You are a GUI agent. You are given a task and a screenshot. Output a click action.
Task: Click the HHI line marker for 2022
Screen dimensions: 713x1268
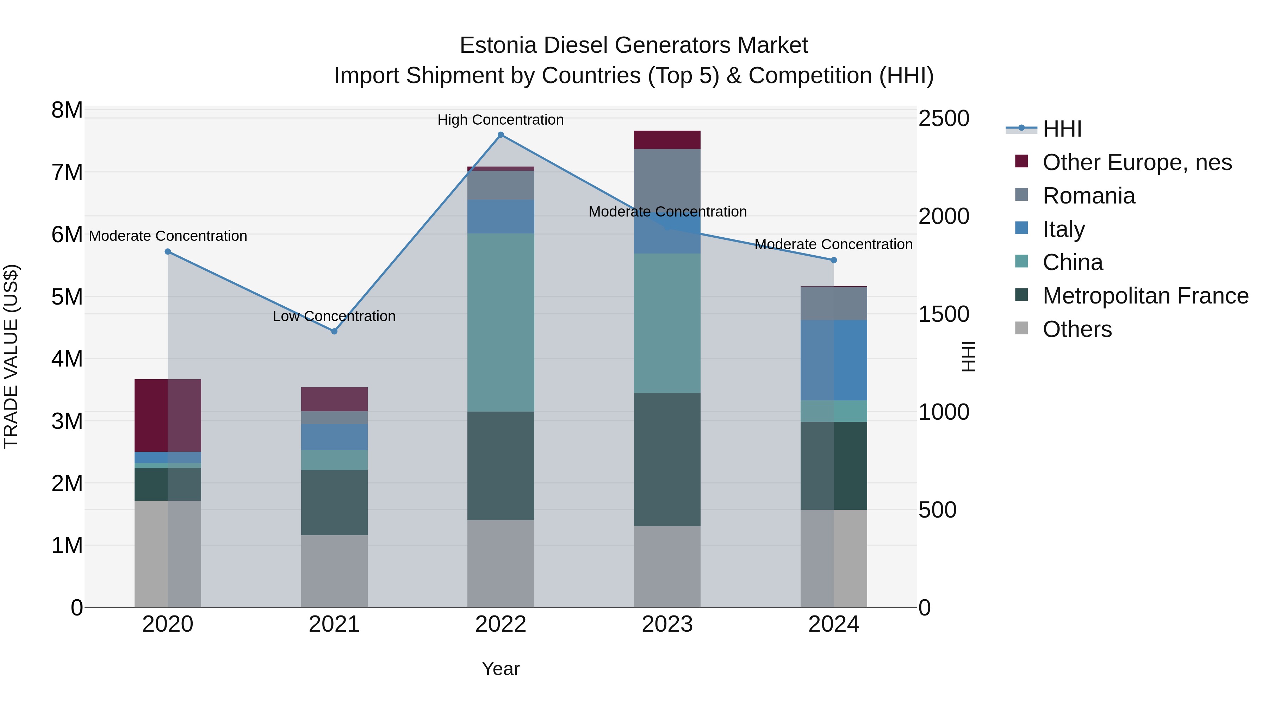(501, 135)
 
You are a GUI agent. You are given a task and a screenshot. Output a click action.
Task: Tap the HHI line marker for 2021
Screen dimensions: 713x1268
(334, 331)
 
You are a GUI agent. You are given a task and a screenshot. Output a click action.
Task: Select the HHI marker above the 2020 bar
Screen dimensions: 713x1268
(168, 251)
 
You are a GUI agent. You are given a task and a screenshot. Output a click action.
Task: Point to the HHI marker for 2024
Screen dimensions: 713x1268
(834, 260)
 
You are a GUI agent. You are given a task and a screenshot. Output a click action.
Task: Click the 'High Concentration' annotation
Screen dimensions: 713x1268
(501, 120)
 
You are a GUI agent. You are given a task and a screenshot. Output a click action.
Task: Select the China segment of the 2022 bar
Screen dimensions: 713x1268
(501, 322)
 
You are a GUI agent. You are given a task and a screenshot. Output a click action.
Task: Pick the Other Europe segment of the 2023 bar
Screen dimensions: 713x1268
(667, 140)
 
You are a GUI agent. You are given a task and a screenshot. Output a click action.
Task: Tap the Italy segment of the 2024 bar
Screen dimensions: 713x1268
(834, 360)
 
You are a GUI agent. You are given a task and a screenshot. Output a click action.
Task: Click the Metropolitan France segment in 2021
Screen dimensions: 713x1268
(334, 502)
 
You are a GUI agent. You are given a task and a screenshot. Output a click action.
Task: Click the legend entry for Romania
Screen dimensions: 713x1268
(1088, 196)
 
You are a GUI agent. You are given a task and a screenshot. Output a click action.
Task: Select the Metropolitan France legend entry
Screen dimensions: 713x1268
(1145, 296)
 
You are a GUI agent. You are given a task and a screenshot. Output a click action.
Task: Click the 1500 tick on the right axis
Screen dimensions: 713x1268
(944, 314)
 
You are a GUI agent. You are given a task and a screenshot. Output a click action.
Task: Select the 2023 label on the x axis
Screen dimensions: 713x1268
(667, 624)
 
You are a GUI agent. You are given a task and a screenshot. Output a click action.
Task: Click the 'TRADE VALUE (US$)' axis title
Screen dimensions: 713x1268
(11, 356)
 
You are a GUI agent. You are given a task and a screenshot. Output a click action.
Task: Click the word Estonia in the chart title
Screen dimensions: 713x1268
(498, 45)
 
